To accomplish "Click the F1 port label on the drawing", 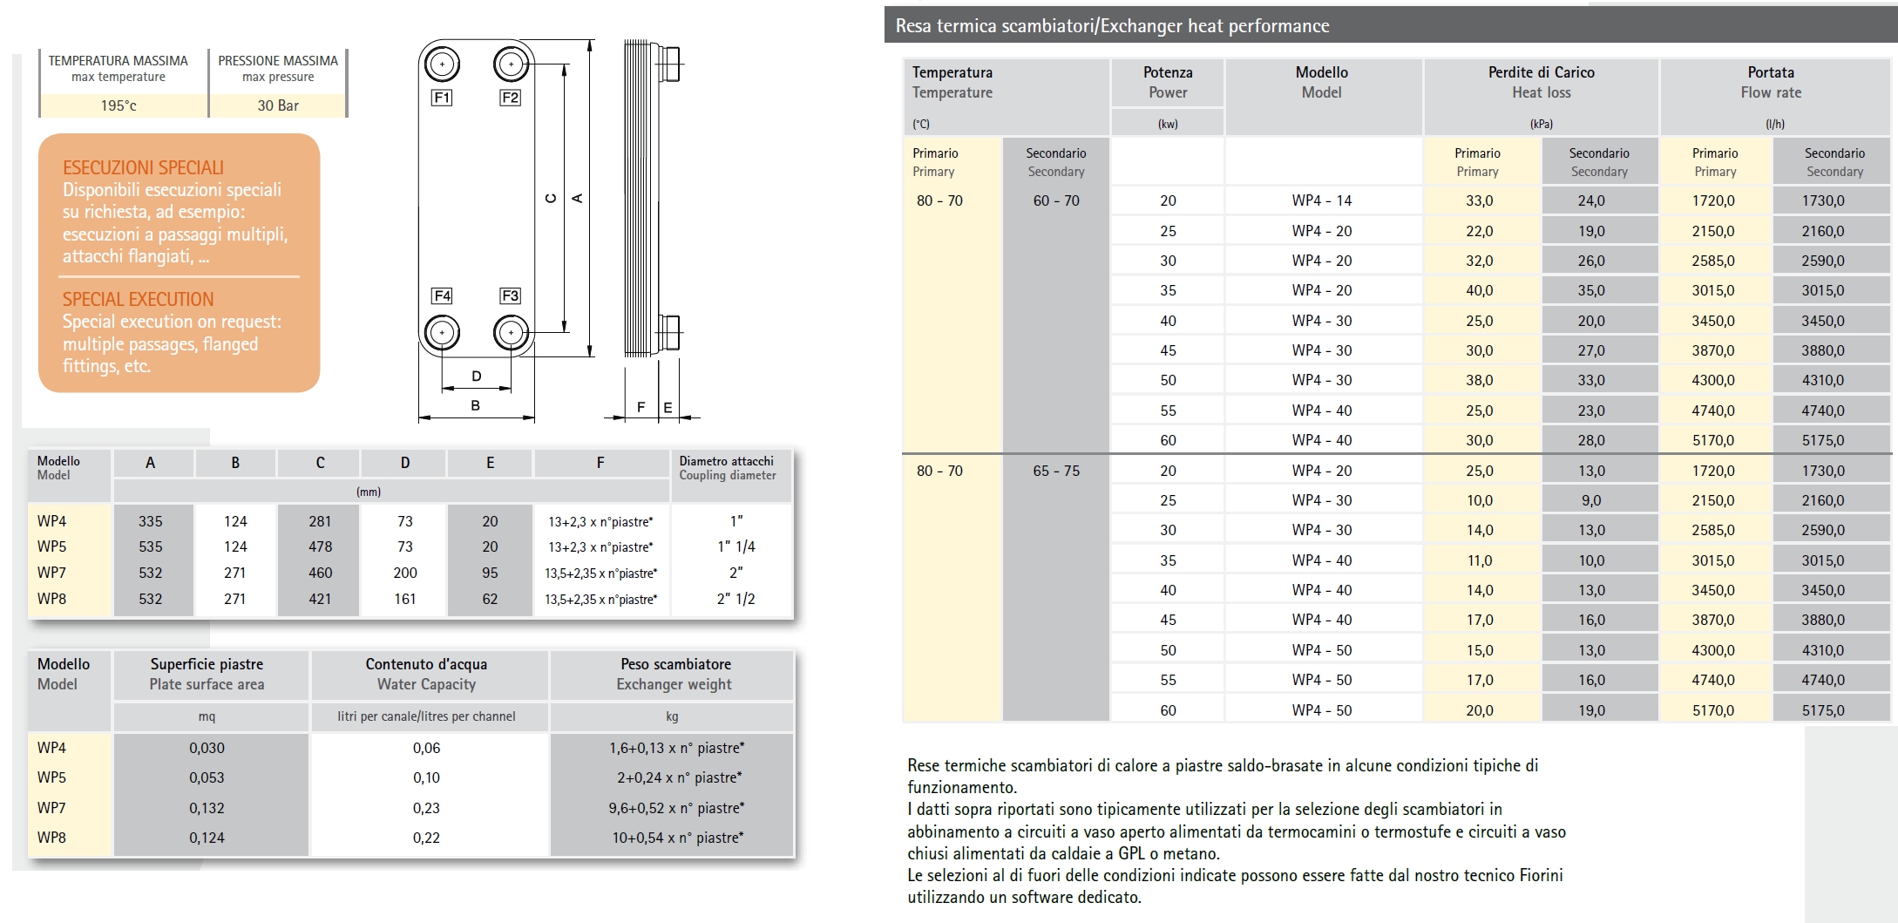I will [442, 98].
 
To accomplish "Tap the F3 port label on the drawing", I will [510, 296].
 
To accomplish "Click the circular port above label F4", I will [442, 332].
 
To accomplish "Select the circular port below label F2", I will [511, 64].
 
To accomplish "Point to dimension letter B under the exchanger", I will [475, 405].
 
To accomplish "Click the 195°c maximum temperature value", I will [119, 105].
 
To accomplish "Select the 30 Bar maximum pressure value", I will [278, 105].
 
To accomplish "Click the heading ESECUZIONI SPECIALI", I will [143, 167].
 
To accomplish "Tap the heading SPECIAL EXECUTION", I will [138, 299].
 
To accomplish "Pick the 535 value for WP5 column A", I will [150, 546].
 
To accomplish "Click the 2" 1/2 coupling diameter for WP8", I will [735, 599].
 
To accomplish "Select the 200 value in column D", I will [405, 573].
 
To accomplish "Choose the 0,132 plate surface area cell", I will [207, 808].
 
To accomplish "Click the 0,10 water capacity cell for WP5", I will [426, 777].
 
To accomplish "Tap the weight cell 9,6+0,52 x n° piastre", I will [676, 808].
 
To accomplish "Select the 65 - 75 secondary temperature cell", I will [1056, 471].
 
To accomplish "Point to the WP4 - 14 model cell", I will [1322, 200].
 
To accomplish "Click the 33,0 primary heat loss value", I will [1479, 200].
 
